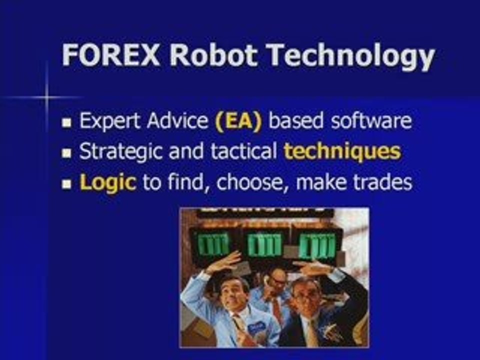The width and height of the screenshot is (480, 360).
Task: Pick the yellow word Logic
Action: pyautogui.click(x=107, y=183)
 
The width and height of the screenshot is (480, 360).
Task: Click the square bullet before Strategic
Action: pyautogui.click(x=67, y=153)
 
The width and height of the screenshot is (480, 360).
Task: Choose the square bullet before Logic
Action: pyautogui.click(x=67, y=184)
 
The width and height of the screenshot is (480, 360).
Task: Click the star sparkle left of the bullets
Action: pyautogui.click(x=46, y=97)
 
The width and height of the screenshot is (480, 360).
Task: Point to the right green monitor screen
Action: pyautogui.click(x=316, y=245)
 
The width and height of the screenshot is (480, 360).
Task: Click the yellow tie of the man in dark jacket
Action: pyautogui.click(x=312, y=332)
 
